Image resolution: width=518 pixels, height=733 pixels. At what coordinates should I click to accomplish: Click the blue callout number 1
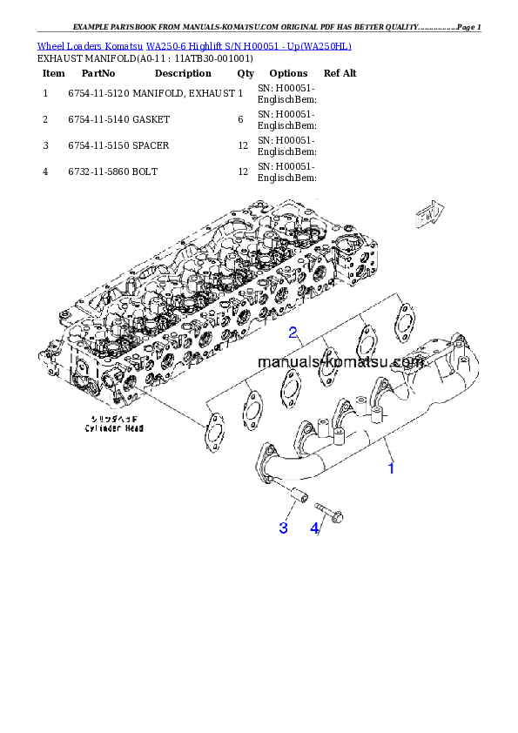391,468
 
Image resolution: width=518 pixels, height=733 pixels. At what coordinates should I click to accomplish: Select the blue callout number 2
294,332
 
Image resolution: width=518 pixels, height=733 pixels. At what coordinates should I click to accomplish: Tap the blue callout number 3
283,528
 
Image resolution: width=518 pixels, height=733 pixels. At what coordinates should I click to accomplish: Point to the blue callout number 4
315,528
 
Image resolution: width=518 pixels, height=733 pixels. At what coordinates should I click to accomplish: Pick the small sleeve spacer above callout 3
297,499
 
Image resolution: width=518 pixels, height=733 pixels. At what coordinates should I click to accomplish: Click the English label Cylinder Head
113,428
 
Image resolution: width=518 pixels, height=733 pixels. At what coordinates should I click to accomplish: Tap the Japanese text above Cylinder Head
113,419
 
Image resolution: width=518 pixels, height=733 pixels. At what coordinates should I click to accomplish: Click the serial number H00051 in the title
254,45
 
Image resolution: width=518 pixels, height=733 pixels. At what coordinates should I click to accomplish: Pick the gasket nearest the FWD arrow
402,319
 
